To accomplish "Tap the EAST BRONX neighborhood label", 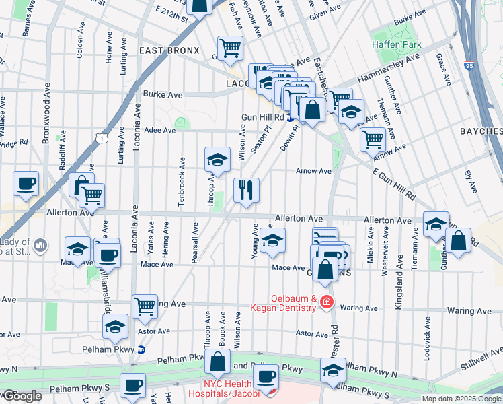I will [169, 50].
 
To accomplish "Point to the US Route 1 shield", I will [101, 137].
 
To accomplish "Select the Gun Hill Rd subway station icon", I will [290, 117].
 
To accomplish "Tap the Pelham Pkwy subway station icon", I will [141, 349].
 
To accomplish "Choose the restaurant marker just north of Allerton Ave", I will [246, 190].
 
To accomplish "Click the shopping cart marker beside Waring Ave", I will [145, 306].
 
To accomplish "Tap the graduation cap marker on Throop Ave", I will [217, 160].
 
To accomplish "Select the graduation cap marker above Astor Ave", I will [116, 327].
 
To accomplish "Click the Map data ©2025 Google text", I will [461, 399].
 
